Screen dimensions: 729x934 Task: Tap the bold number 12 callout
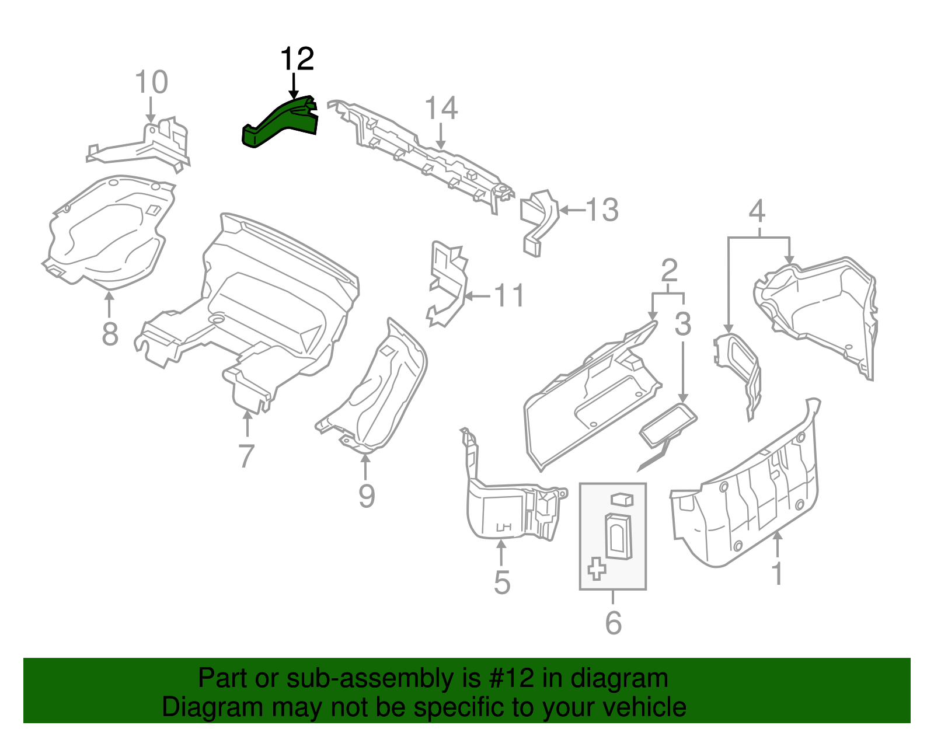tap(297, 59)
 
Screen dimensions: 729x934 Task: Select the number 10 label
tap(151, 82)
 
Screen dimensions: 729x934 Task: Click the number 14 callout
tap(441, 109)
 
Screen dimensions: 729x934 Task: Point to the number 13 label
tap(602, 210)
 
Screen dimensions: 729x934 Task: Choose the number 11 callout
tap(509, 296)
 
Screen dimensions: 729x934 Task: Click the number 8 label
tap(110, 334)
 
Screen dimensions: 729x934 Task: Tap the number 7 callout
tap(246, 456)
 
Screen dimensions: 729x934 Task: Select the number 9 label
tap(366, 496)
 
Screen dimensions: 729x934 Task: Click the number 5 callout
tap(501, 582)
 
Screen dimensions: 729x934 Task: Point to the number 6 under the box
tap(613, 623)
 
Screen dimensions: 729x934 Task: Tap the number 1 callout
tap(777, 574)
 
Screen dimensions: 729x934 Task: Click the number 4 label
tap(757, 211)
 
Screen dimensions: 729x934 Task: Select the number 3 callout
tap(682, 324)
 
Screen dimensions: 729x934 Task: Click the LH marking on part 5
tap(503, 528)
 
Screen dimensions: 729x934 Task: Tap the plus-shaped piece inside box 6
tap(597, 568)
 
